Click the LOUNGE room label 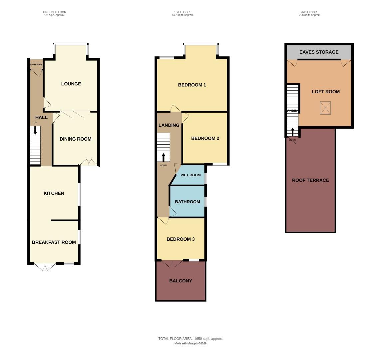pyautogui.click(x=71, y=84)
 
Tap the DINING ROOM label pyautogui.click(x=75, y=139)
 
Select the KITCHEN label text pyautogui.click(x=54, y=193)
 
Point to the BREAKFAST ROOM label pyautogui.click(x=54, y=242)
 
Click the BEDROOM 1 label pyautogui.click(x=192, y=85)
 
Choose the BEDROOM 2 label pyautogui.click(x=205, y=138)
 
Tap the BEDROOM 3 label pyautogui.click(x=181, y=239)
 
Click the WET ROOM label pyautogui.click(x=190, y=175)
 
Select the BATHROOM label pyautogui.click(x=187, y=202)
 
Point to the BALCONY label pyautogui.click(x=181, y=281)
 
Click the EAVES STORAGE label pyautogui.click(x=319, y=52)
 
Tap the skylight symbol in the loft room pyautogui.click(x=325, y=108)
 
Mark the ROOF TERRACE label pyautogui.click(x=310, y=180)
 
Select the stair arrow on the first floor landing pyautogui.click(x=163, y=157)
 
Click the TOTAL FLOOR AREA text pyautogui.click(x=190, y=339)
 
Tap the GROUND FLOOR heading pyautogui.click(x=54, y=12)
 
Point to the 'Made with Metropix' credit pyautogui.click(x=190, y=343)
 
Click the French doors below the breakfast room pyautogui.click(x=45, y=266)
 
